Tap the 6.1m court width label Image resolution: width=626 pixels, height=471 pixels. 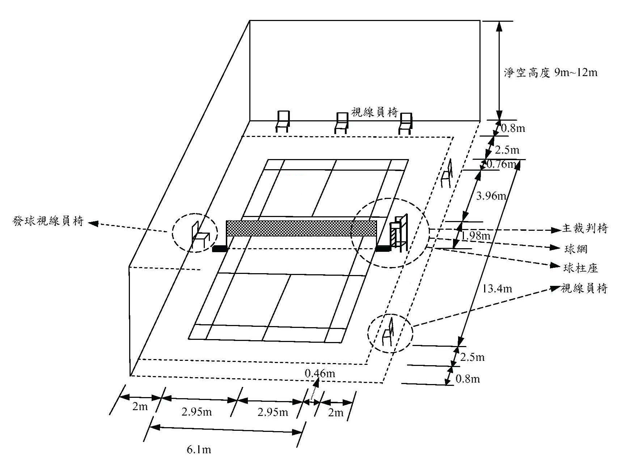[199, 450]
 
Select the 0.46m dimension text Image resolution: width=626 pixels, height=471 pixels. [320, 373]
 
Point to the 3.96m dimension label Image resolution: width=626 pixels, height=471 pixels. [491, 196]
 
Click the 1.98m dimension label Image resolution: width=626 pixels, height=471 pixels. [475, 236]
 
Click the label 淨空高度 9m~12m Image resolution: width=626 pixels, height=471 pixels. [550, 73]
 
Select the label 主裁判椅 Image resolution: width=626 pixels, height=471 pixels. [585, 228]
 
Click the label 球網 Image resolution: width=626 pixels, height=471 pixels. [575, 249]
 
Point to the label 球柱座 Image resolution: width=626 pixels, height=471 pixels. [580, 268]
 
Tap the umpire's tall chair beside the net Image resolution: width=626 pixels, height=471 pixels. [398, 234]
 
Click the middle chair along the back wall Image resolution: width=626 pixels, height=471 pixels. [341, 123]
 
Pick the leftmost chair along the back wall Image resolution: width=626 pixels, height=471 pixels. [283, 121]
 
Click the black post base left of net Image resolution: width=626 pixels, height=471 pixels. [219, 249]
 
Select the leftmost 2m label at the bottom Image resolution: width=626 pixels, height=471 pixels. [140, 407]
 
